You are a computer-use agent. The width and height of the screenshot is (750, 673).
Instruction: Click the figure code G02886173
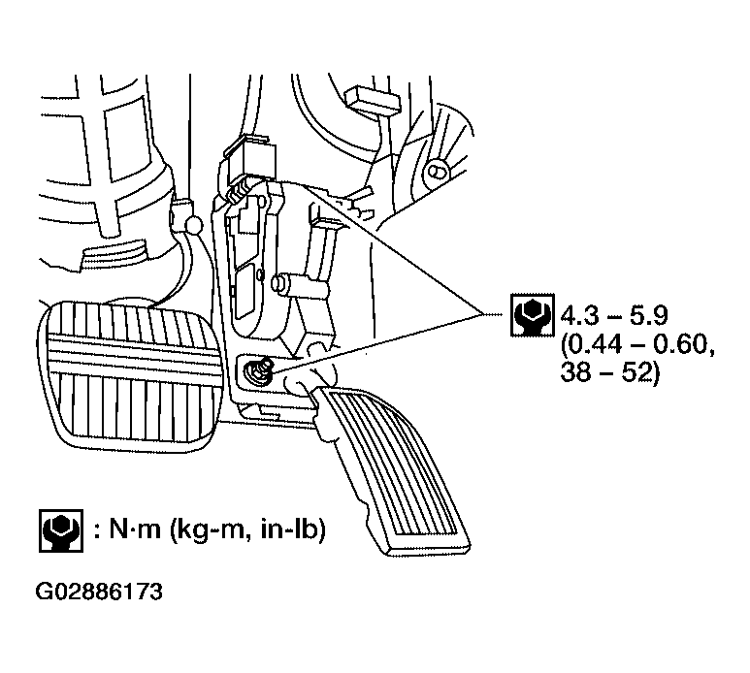tap(100, 591)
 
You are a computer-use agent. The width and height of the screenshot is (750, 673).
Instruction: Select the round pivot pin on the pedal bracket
tap(281, 284)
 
